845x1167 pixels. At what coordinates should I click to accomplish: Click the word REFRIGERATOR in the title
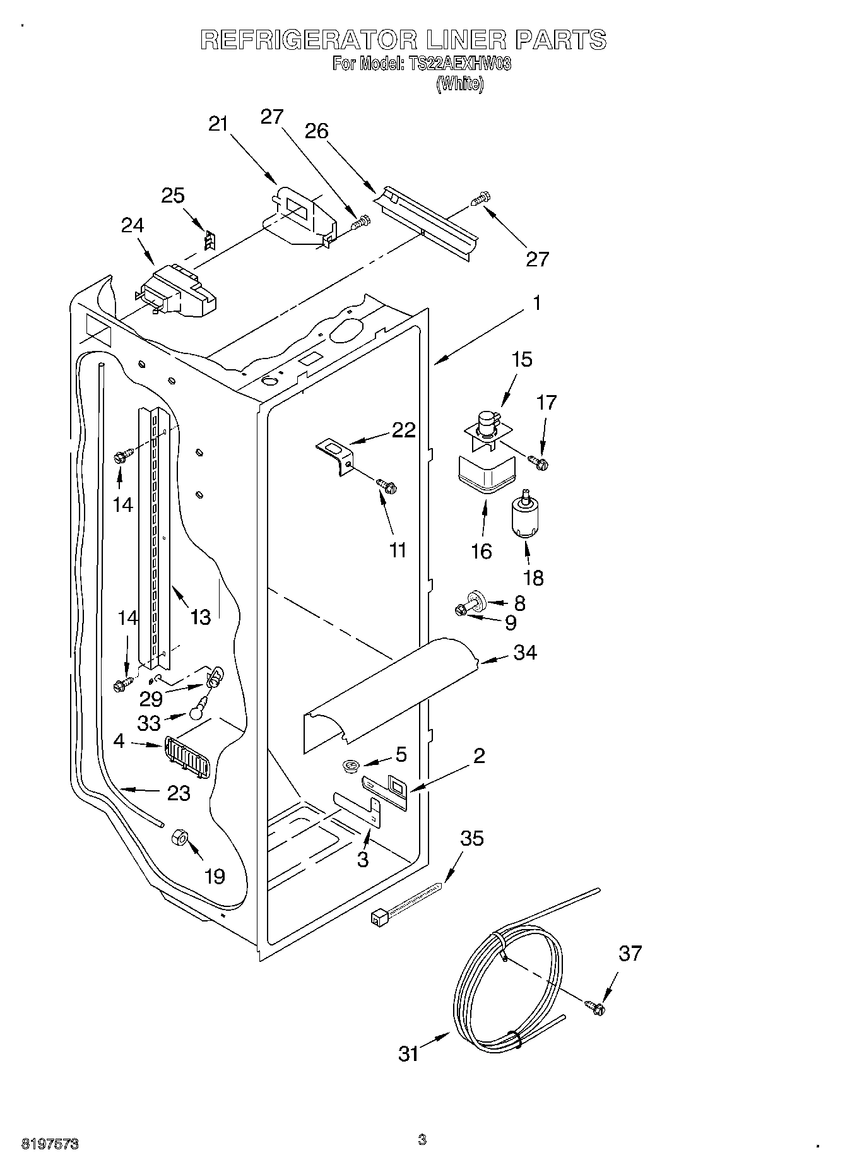click(x=308, y=40)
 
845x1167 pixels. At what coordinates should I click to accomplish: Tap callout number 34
click(x=524, y=652)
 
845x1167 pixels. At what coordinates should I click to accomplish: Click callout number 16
click(x=482, y=551)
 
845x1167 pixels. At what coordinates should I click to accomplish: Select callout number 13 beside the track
click(x=200, y=617)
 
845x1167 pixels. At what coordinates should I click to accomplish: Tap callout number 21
click(x=218, y=124)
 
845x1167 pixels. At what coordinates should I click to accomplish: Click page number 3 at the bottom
click(x=422, y=1140)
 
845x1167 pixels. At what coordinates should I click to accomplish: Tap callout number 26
click(x=317, y=131)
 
